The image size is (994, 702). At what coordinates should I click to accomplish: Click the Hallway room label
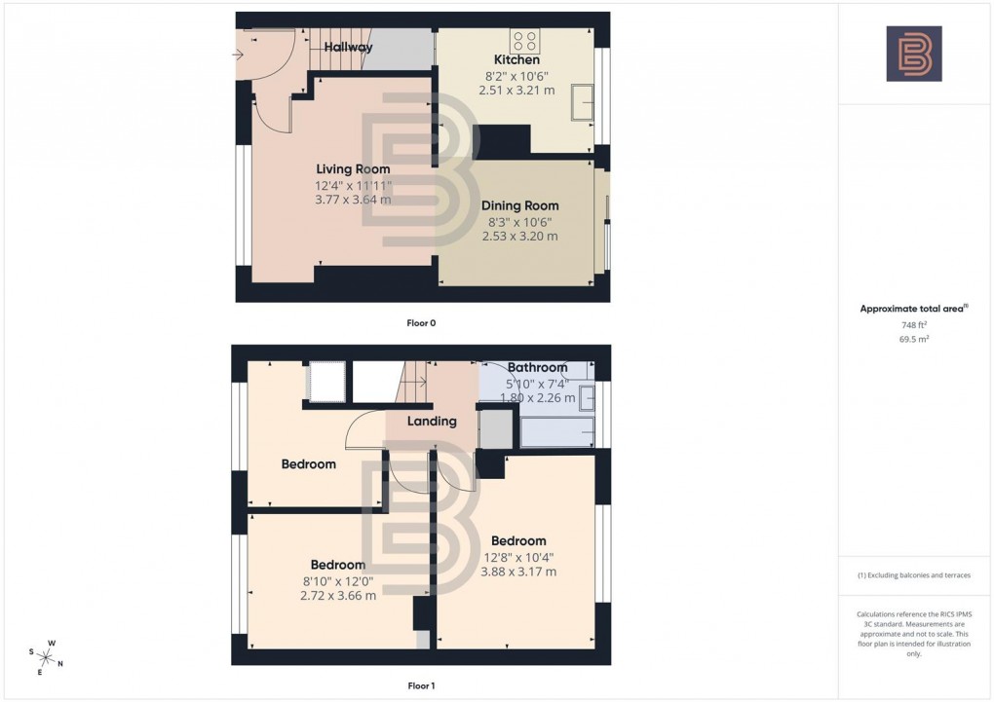click(x=348, y=47)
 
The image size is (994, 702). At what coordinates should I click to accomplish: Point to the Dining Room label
click(x=520, y=205)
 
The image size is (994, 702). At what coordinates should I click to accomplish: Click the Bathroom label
click(x=537, y=367)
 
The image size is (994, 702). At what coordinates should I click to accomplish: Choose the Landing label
click(x=432, y=422)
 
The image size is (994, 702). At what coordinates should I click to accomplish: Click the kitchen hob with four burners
click(x=524, y=41)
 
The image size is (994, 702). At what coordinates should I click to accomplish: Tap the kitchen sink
click(x=585, y=102)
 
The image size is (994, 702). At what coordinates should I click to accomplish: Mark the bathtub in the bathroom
click(x=557, y=431)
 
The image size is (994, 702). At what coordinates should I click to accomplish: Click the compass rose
click(x=47, y=655)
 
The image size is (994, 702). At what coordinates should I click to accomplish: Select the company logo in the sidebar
click(x=914, y=54)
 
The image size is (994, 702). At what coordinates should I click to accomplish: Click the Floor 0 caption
click(x=421, y=322)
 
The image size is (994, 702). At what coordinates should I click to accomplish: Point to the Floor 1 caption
click(x=421, y=685)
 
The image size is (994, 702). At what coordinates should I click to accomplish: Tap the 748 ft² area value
click(x=913, y=326)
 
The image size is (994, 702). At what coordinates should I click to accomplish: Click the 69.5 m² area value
click(x=913, y=340)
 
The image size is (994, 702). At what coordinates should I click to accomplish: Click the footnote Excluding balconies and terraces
click(x=914, y=575)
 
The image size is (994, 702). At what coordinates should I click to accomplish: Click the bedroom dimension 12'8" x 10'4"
click(x=518, y=557)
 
